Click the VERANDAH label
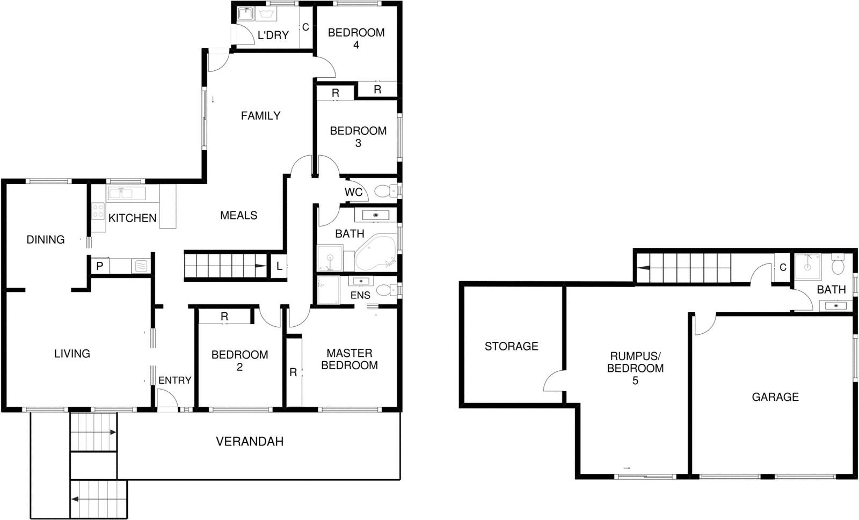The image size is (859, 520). (x=250, y=442)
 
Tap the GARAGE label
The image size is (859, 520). (x=775, y=397)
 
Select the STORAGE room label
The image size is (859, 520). (x=511, y=347)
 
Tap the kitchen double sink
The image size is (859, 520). (x=126, y=193)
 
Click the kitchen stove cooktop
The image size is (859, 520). (x=98, y=211)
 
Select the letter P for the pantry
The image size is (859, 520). (x=100, y=266)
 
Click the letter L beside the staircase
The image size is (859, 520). (x=279, y=266)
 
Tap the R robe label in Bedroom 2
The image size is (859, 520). (x=224, y=317)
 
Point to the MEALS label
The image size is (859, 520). (x=238, y=216)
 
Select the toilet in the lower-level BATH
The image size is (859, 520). (x=838, y=265)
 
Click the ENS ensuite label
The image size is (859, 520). (x=360, y=296)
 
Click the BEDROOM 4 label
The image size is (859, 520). (x=356, y=39)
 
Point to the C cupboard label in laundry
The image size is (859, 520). (x=305, y=27)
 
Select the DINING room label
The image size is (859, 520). (x=46, y=240)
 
